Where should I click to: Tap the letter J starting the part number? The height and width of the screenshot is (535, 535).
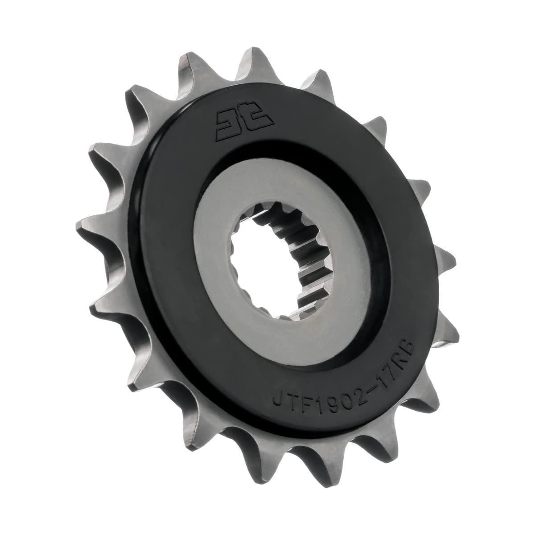[x=278, y=399]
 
